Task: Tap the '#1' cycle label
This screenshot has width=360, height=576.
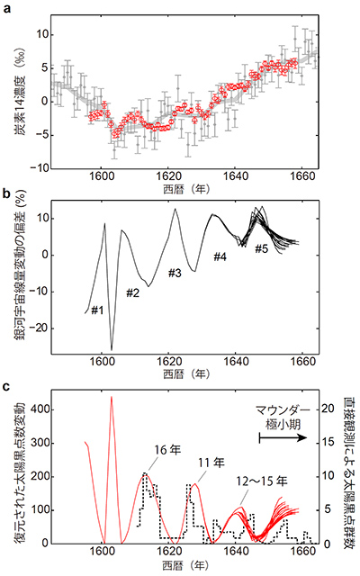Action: pos(97,310)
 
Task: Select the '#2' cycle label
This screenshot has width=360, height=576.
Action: pos(131,292)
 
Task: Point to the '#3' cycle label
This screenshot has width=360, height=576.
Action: pos(175,272)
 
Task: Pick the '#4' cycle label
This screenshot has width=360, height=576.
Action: pos(221,256)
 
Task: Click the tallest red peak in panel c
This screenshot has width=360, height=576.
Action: pos(111,397)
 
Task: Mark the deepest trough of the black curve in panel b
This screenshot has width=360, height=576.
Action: pos(112,349)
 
